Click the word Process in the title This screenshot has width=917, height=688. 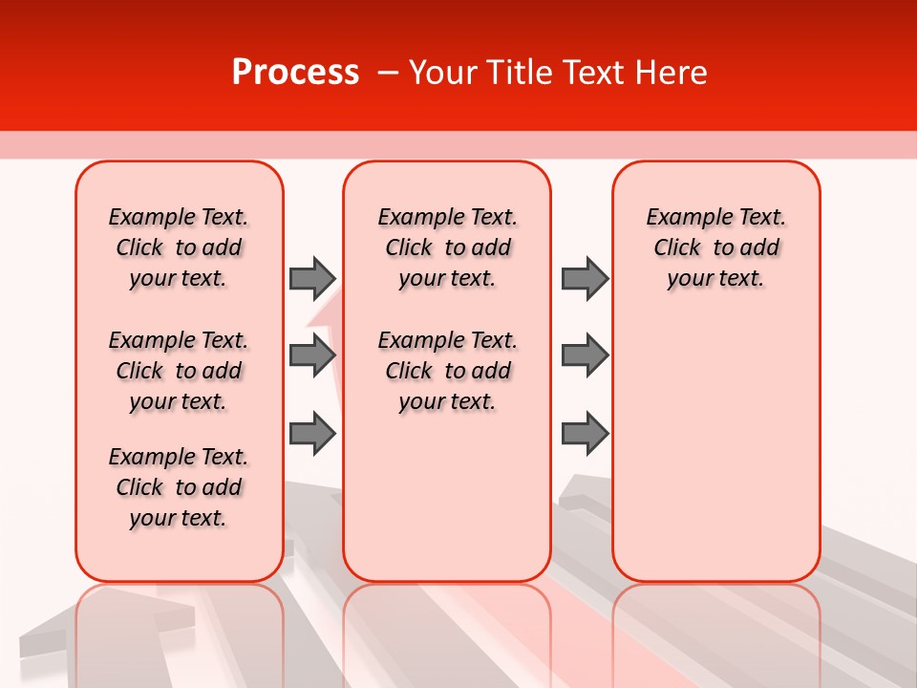coord(295,73)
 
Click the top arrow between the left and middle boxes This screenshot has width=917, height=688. coord(312,278)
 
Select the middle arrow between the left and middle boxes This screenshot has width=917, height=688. coord(312,355)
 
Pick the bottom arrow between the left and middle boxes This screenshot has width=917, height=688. coord(312,433)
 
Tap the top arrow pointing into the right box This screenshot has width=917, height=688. coord(585,278)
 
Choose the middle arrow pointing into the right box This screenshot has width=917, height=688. coord(585,355)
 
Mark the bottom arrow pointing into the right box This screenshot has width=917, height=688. coord(585,433)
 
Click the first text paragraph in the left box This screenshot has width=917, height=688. coord(179,247)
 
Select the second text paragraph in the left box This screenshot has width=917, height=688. coord(179,371)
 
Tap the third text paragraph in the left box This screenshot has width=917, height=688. coord(179,487)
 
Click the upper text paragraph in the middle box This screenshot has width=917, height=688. coord(447,247)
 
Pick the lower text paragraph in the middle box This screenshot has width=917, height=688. coord(447,371)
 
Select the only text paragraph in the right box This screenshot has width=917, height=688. coord(716,247)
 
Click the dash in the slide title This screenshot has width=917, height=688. coord(388,73)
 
